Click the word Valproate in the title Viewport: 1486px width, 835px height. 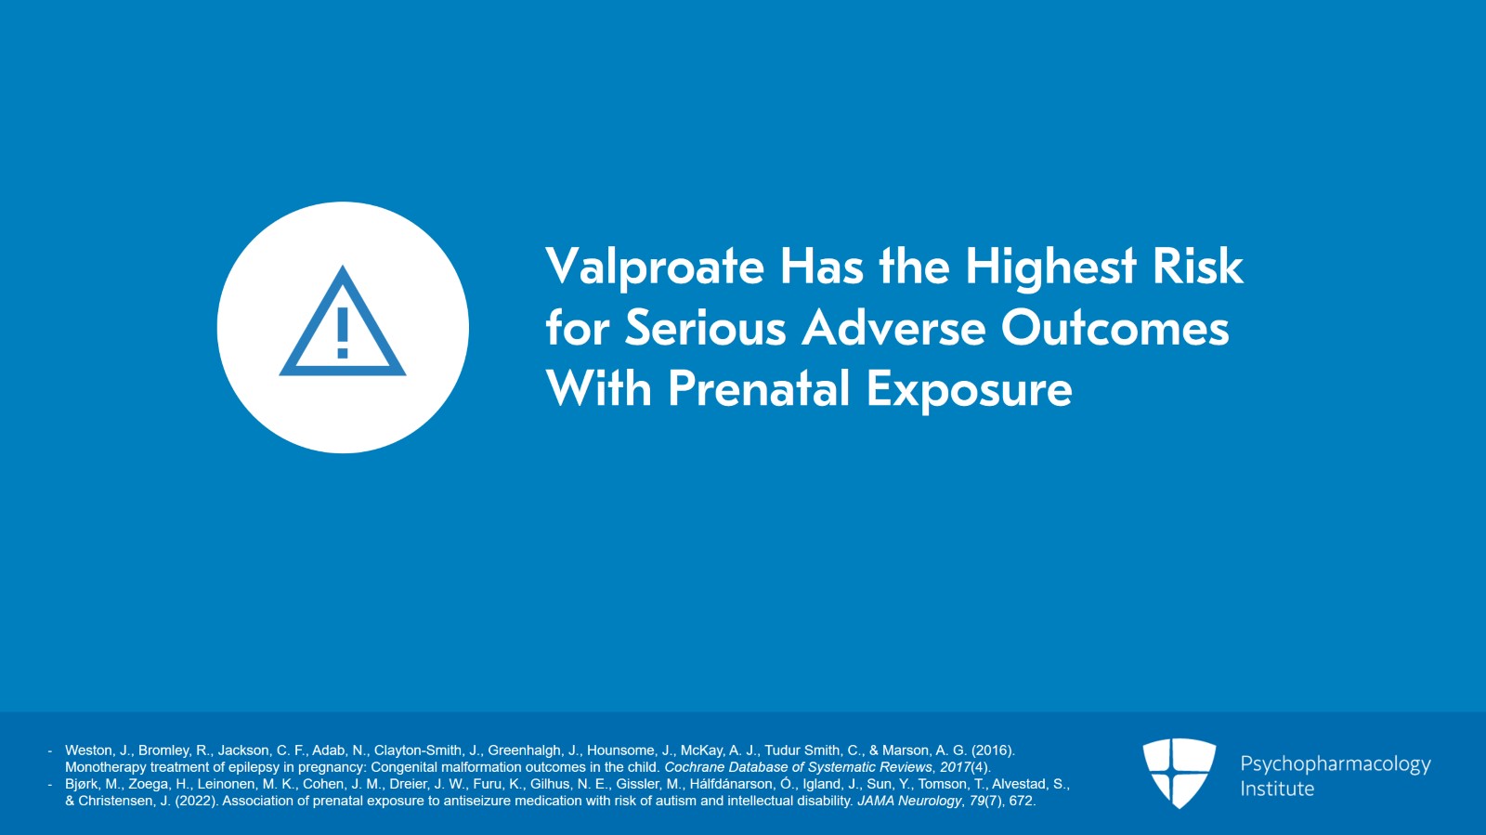pyautogui.click(x=655, y=267)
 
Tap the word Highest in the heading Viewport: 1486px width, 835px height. pyautogui.click(x=1050, y=267)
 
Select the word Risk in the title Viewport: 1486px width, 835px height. pyautogui.click(x=1197, y=267)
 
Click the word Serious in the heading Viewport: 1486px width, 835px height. pyautogui.click(x=705, y=329)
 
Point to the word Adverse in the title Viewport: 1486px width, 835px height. pyautogui.click(x=893, y=329)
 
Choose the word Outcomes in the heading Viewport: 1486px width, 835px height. pyautogui.click(x=1114, y=329)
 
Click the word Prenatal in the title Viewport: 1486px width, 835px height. pyautogui.click(x=759, y=389)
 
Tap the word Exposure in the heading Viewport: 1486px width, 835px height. pyautogui.click(x=969, y=390)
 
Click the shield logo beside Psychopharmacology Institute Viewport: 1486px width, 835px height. pyautogui.click(x=1179, y=772)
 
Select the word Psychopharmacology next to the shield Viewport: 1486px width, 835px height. pyautogui.click(x=1335, y=764)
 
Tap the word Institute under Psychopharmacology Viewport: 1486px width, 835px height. pyautogui.click(x=1277, y=789)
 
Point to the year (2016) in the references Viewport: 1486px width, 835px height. pyautogui.click(x=993, y=750)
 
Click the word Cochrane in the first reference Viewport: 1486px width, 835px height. pyautogui.click(x=696, y=767)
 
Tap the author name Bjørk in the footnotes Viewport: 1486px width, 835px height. pyautogui.click(x=83, y=784)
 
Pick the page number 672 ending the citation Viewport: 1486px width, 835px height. pyautogui.click(x=1021, y=801)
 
